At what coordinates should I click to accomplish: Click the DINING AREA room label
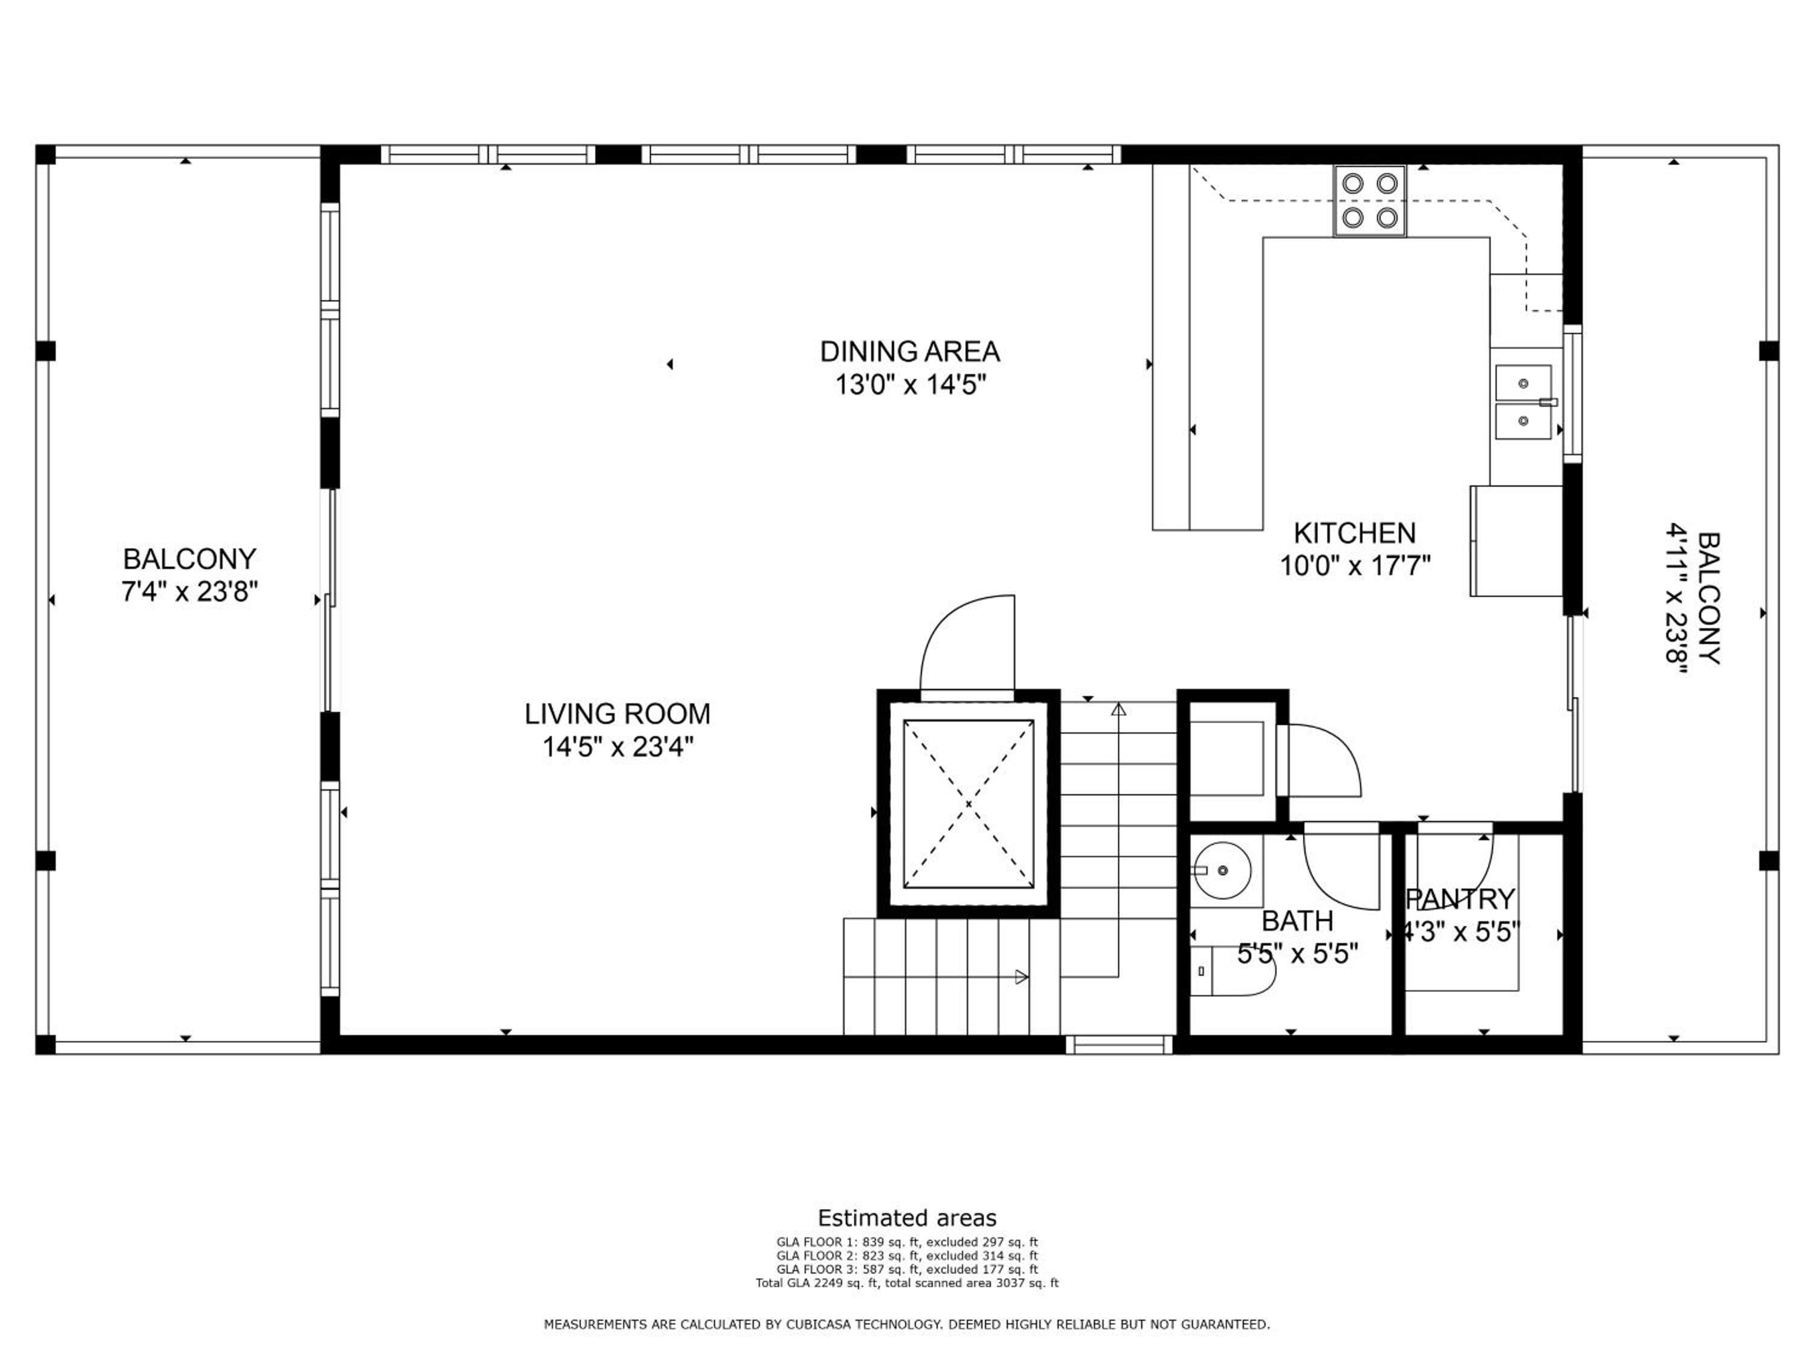[909, 351]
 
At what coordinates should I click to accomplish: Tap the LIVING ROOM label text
[617, 714]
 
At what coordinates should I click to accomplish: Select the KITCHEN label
[1355, 534]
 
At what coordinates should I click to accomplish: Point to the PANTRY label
[1460, 900]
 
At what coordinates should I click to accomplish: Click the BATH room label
[1297, 921]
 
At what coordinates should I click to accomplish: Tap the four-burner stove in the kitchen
[1370, 201]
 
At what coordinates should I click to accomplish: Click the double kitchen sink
[1524, 403]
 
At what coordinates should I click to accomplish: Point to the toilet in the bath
[1232, 971]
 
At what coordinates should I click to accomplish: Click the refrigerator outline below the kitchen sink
[1516, 541]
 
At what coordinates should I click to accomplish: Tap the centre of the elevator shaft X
[968, 804]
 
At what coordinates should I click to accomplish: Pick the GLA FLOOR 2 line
[907, 1255]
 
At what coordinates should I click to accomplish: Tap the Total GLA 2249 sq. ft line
[907, 1282]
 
